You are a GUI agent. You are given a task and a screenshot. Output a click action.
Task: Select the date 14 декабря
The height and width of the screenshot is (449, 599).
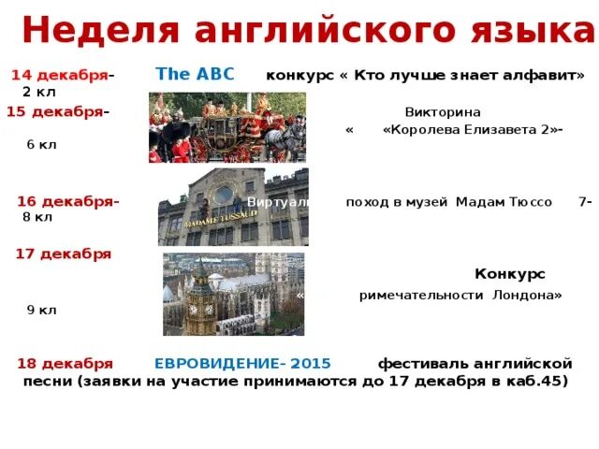pos(59,74)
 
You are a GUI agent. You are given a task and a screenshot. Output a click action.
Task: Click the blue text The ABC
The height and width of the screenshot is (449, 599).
pos(195,74)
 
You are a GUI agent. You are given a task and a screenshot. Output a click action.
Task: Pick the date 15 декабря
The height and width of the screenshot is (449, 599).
pos(54,111)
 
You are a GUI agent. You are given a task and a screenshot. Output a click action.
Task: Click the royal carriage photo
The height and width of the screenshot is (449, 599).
pos(226,127)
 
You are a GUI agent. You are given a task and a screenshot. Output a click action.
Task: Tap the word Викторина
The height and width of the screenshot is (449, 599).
pos(443,111)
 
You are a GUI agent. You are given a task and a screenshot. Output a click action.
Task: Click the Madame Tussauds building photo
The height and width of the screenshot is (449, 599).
pos(232,207)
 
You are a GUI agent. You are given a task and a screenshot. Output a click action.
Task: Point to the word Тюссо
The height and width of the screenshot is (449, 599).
pos(529,202)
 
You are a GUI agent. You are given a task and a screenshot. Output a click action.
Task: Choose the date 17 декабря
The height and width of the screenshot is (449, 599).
pos(63,253)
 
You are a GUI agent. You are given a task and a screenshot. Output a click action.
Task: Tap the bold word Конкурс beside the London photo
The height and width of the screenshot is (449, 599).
pos(509,274)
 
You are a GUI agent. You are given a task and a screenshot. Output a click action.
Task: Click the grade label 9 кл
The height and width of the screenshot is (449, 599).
pos(41,310)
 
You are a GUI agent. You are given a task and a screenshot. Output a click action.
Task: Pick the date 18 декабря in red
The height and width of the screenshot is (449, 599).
pos(65,363)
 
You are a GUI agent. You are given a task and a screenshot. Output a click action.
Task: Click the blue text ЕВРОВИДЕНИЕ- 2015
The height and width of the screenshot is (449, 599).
pos(242,363)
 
